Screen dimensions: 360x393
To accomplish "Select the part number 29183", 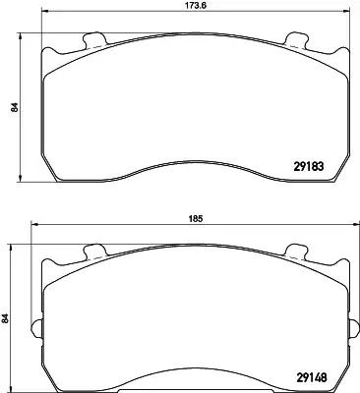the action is [x=308, y=167].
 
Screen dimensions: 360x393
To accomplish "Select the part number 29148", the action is [x=311, y=378].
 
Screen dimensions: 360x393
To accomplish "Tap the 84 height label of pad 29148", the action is [x=5, y=318].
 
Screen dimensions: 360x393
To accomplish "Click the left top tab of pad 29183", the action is [x=94, y=40].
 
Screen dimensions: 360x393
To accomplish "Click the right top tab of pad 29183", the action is [x=297, y=40].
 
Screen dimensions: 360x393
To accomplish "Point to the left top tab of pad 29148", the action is [x=94, y=252].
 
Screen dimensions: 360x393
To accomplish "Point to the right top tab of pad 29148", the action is [x=297, y=252].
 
